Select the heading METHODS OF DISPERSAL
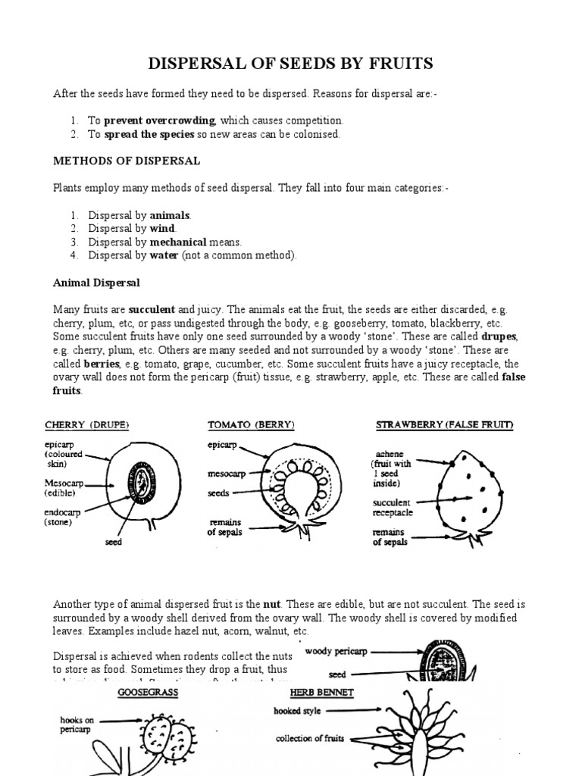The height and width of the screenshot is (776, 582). (x=127, y=161)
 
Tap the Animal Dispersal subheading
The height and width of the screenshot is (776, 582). (x=96, y=283)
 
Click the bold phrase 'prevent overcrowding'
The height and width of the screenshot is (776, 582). (x=160, y=120)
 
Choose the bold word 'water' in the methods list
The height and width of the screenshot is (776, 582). (x=164, y=255)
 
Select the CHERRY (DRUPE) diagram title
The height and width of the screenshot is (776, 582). (x=86, y=425)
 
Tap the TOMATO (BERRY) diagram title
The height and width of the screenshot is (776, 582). (x=252, y=425)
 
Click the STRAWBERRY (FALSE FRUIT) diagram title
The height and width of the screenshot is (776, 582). (x=445, y=425)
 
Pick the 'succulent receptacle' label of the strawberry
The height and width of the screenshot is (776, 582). (x=392, y=507)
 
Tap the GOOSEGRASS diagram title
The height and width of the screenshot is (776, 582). (x=148, y=693)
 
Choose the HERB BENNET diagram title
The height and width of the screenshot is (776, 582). (x=321, y=693)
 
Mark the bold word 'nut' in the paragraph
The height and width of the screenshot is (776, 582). (x=271, y=604)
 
